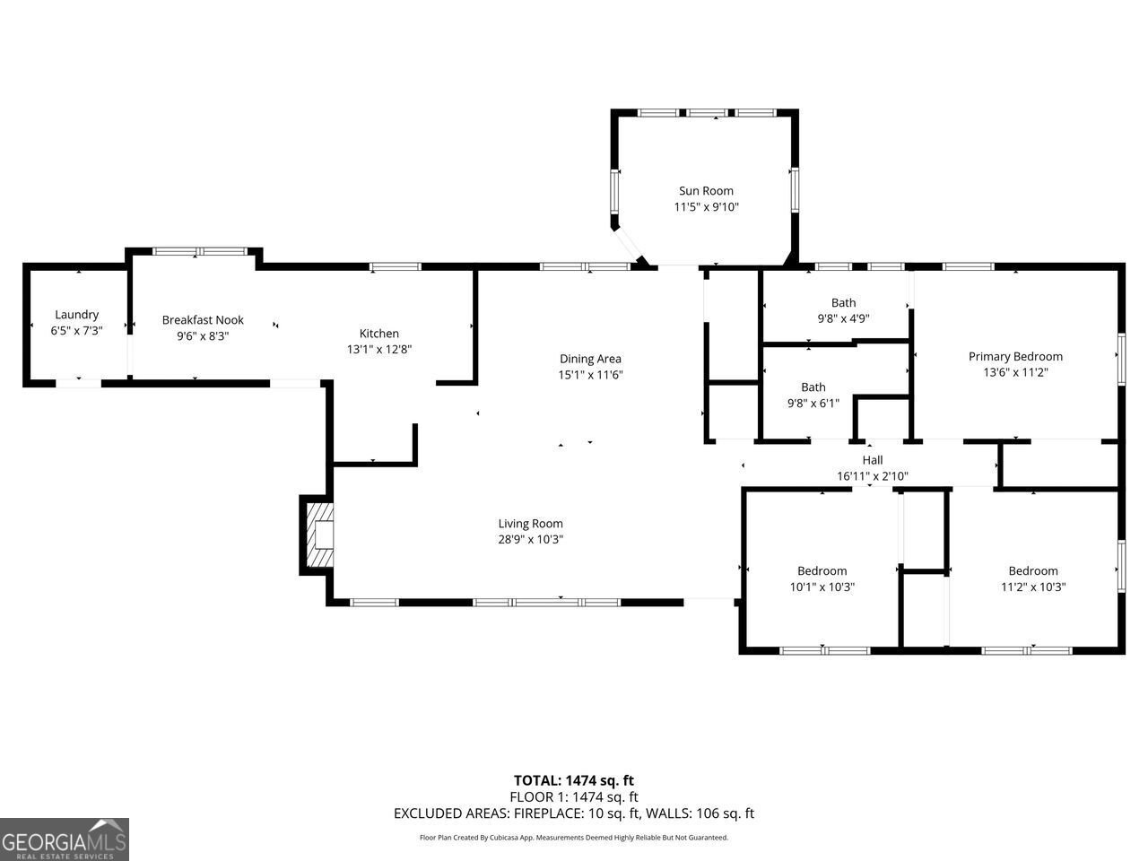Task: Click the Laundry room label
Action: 76,315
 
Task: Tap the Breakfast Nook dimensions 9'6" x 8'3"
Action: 203,335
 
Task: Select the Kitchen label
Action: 379,334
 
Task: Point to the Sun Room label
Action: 706,191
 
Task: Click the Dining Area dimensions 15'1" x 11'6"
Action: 590,375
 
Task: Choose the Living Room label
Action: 531,524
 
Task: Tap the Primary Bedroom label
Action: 1015,356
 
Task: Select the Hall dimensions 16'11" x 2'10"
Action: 873,476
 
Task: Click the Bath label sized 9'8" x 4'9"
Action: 843,303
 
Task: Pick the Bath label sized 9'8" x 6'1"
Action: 813,387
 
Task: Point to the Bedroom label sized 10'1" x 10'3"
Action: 822,571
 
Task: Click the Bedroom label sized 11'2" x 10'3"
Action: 1033,571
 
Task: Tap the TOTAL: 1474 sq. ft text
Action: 574,780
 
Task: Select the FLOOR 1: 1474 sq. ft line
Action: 574,796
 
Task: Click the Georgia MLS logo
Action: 65,839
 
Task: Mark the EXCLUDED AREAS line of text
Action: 574,813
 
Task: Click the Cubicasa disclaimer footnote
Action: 574,838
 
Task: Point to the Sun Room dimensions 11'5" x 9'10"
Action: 706,207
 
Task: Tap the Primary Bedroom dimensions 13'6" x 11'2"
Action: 1015,372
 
